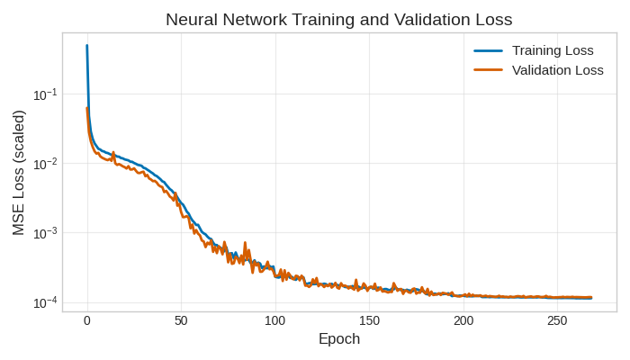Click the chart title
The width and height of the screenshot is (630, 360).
click(338, 19)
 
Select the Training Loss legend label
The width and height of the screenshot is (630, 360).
click(553, 50)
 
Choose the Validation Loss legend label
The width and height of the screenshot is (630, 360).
click(557, 70)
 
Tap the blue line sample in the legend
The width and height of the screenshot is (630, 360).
click(488, 50)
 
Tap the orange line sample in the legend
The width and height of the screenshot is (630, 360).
click(488, 70)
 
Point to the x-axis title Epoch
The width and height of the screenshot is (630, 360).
click(339, 339)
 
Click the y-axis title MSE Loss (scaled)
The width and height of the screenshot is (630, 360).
click(19, 173)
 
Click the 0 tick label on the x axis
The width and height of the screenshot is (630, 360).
click(87, 321)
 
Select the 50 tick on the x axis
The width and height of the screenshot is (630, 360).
click(181, 321)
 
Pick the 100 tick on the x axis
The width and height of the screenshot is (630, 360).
click(275, 321)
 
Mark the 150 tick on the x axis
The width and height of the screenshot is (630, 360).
click(369, 321)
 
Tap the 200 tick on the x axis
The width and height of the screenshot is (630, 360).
click(463, 321)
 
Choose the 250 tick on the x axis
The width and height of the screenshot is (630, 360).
click(557, 321)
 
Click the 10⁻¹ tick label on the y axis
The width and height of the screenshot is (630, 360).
click(45, 94)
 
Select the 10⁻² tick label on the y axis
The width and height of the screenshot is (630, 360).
click(45, 164)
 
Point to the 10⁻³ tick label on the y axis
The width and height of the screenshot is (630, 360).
click(45, 233)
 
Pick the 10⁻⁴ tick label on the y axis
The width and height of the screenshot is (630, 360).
click(45, 302)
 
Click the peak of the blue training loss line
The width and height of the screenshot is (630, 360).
click(87, 46)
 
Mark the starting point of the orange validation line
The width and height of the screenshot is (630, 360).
click(87, 109)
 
